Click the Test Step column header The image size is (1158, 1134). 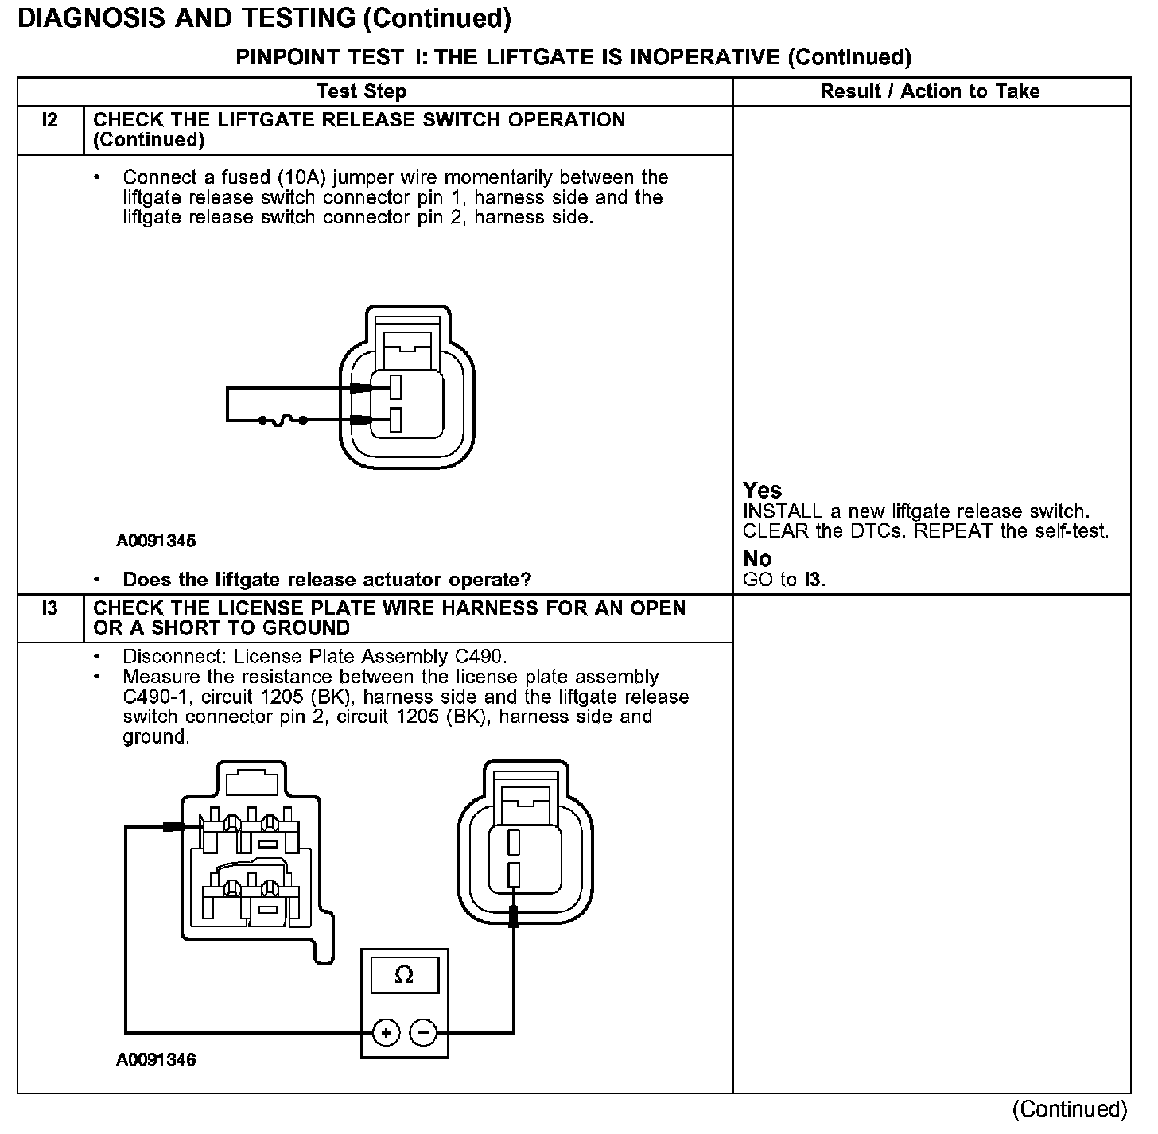(361, 91)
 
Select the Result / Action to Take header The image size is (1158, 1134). (930, 91)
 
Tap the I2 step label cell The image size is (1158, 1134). (50, 121)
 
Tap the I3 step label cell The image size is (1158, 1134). (50, 609)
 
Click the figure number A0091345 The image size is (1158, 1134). (156, 542)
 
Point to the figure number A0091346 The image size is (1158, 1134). (156, 1060)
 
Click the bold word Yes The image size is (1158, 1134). (762, 491)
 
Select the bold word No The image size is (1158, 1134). (757, 559)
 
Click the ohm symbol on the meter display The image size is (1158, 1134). (404, 976)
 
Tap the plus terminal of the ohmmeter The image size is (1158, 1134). (387, 1033)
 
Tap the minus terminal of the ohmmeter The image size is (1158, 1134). (423, 1033)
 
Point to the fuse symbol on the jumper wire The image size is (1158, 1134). (283, 420)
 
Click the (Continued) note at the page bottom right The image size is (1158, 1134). (1070, 1109)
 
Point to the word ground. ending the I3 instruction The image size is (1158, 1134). (156, 737)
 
